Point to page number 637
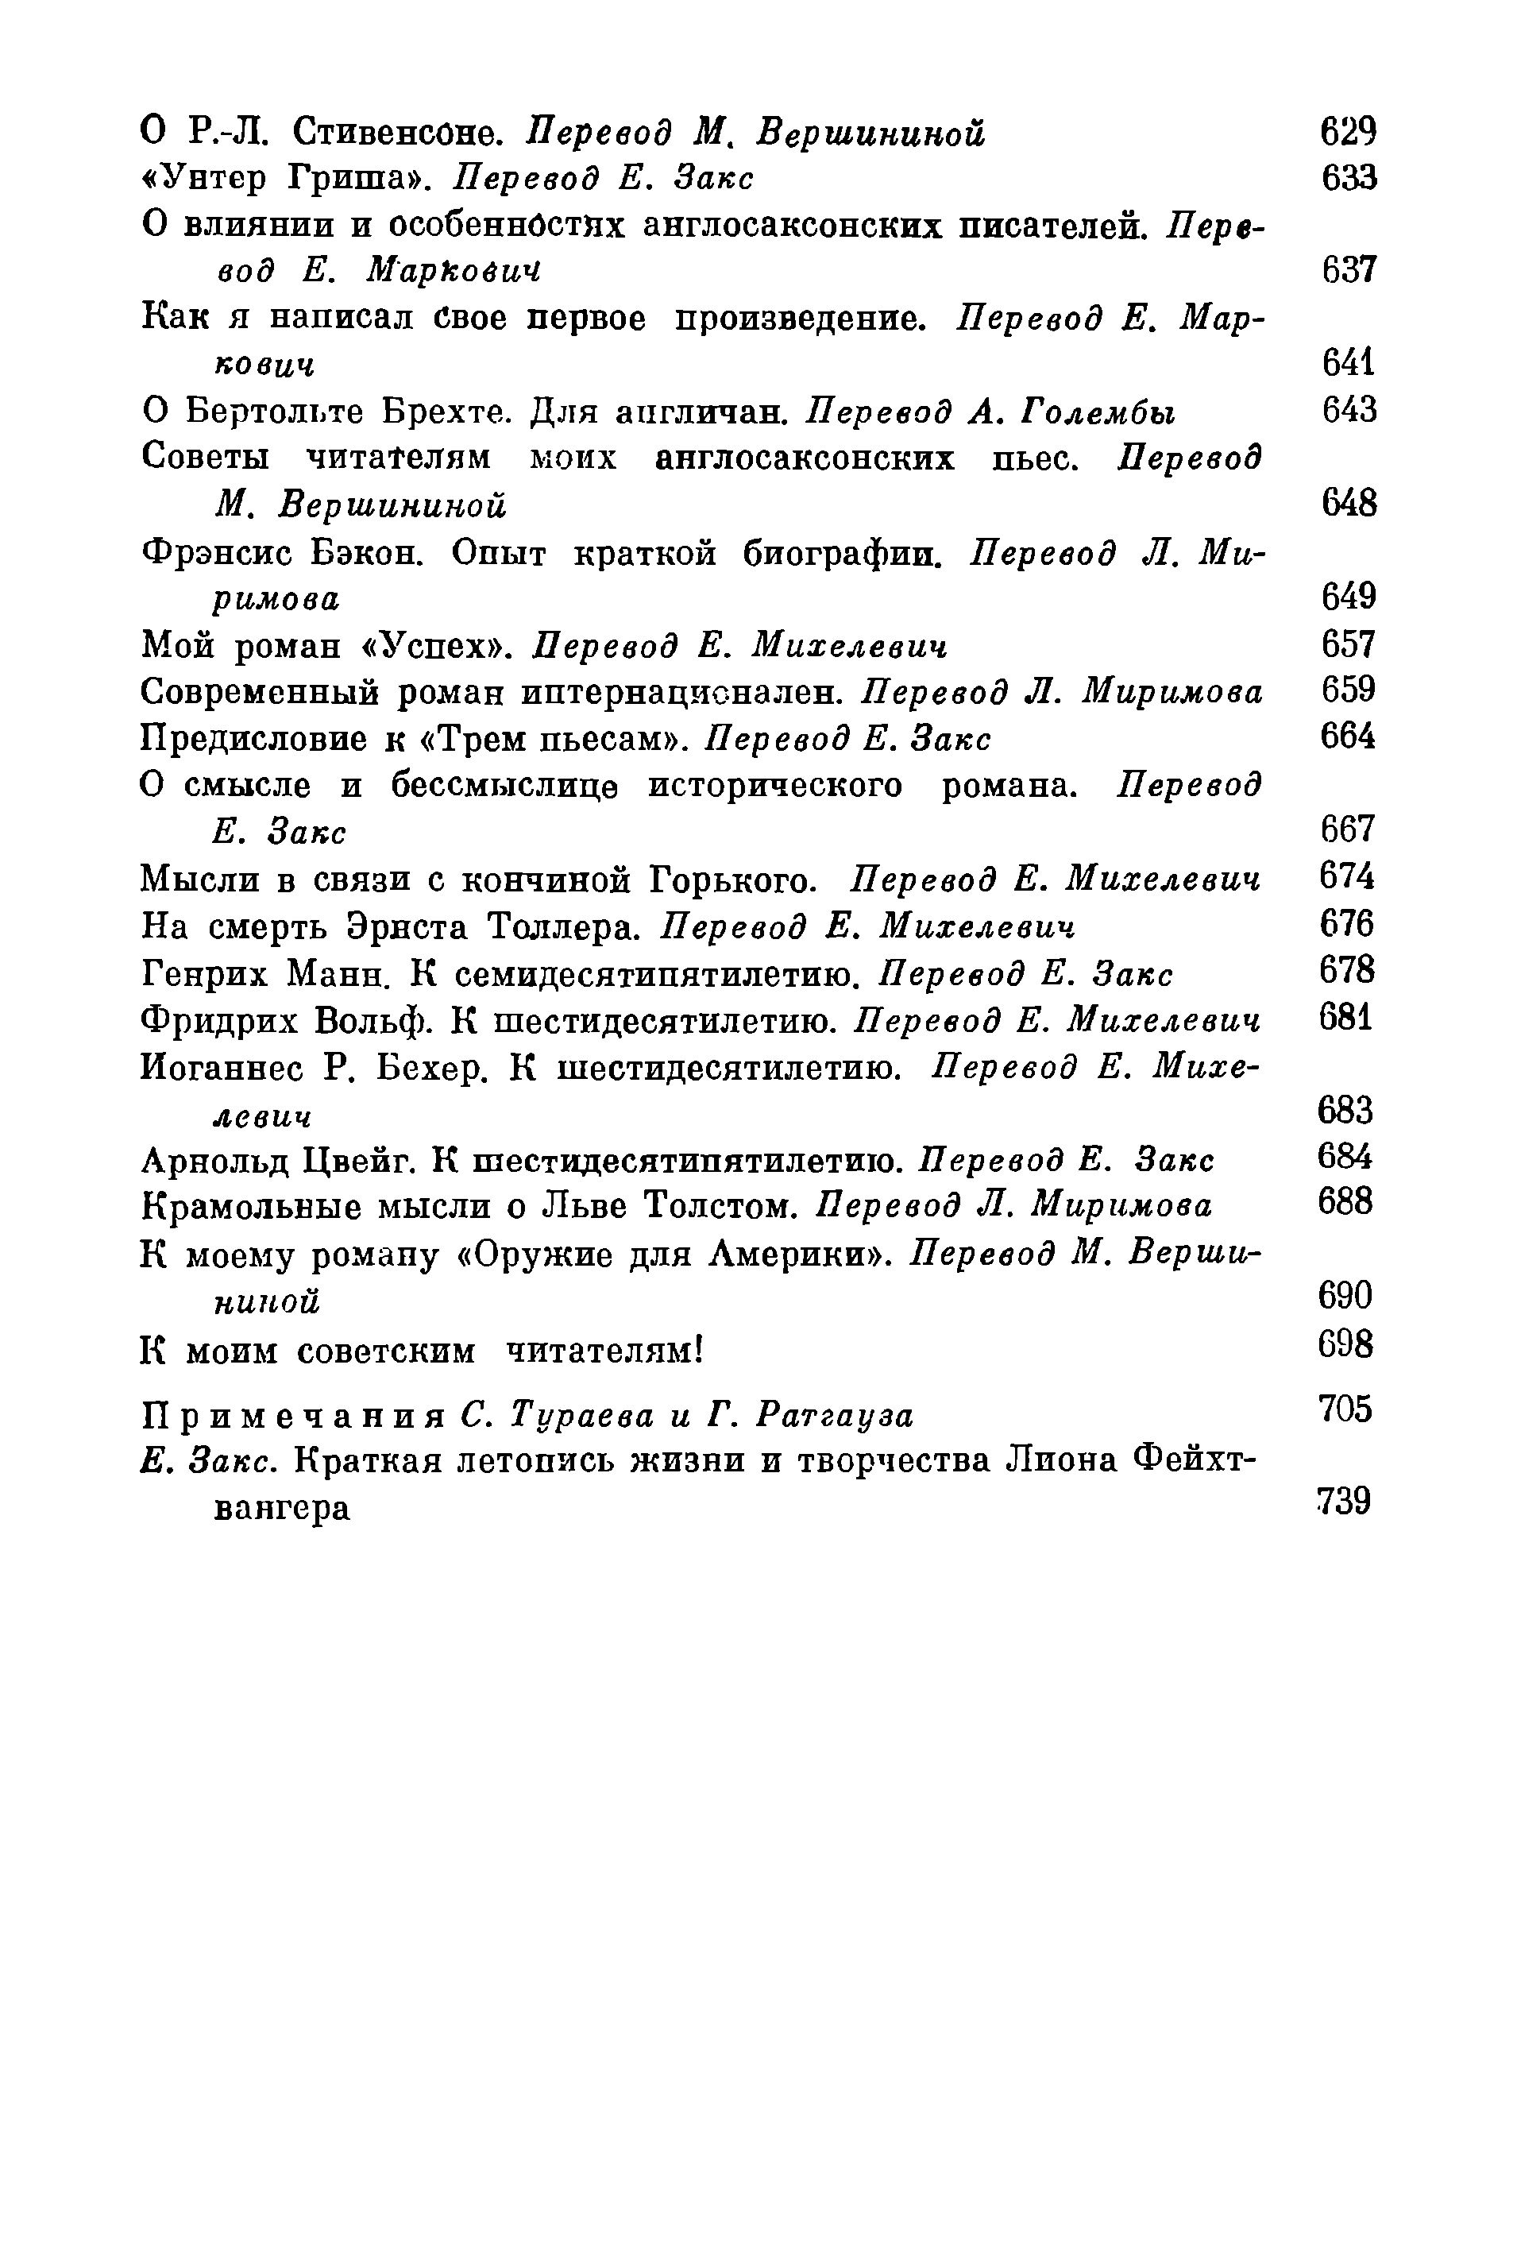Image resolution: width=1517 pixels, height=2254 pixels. click(1348, 270)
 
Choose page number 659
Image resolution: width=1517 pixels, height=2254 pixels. click(1348, 691)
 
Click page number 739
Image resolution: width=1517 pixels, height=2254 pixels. click(1344, 1502)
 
